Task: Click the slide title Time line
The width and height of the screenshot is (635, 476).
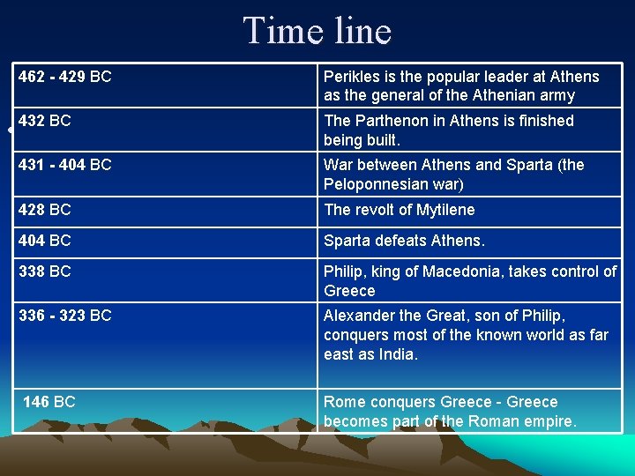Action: [317, 31]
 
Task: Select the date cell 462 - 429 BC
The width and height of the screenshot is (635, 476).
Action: [65, 77]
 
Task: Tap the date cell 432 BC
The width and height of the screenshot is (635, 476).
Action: [45, 121]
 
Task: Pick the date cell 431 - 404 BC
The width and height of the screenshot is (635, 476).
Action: [65, 165]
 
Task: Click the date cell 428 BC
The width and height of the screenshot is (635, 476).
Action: [45, 210]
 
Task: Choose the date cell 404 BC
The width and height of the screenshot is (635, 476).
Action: [45, 241]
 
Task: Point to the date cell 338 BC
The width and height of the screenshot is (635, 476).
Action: [45, 271]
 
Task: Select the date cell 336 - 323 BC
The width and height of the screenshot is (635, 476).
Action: [65, 316]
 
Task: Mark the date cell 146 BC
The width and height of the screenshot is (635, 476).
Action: [49, 402]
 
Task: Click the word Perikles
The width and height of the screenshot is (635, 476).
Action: [354, 77]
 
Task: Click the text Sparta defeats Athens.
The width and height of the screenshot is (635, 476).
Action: [404, 241]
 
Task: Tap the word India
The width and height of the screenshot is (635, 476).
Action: [397, 354]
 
